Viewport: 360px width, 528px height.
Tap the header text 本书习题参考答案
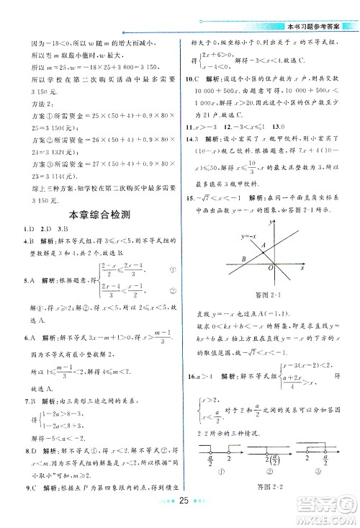point(316,8)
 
